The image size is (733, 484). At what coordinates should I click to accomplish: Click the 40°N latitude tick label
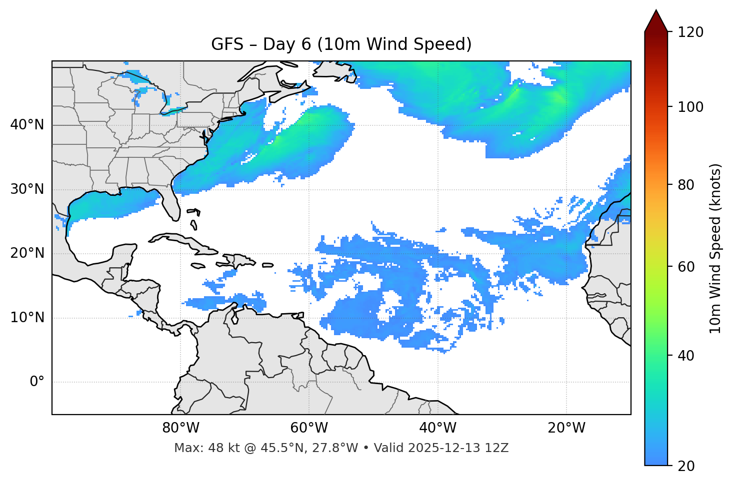point(27,125)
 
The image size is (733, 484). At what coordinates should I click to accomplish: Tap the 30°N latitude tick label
point(27,189)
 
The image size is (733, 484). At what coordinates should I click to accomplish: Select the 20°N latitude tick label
point(27,253)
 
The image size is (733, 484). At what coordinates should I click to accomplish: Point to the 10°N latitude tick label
point(27,318)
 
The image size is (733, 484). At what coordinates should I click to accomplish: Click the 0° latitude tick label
point(36,382)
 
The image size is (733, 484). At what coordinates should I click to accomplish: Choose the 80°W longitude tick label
point(180,428)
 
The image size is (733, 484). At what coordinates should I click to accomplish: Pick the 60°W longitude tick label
point(309,428)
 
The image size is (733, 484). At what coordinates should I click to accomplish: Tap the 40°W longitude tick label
point(437,428)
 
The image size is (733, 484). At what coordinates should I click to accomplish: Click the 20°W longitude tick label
point(566,428)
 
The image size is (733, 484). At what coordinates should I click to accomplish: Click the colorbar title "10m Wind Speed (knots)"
point(715,248)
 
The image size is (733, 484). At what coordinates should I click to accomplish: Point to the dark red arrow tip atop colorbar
point(656,19)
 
